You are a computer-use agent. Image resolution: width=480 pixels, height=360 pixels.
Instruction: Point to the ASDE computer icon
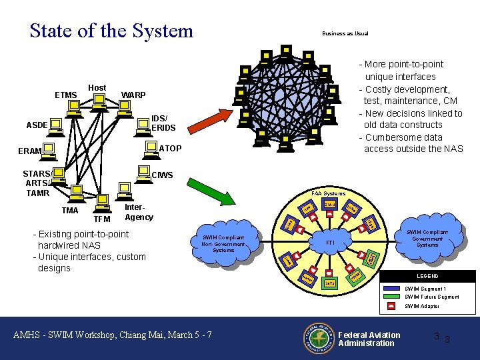(x=57, y=123)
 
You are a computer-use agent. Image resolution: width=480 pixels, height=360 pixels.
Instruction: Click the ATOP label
(x=171, y=148)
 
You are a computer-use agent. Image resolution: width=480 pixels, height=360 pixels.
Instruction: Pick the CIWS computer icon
(x=142, y=171)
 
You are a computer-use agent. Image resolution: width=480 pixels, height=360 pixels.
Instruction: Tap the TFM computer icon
(x=102, y=200)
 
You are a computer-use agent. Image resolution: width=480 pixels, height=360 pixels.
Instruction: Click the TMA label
(x=69, y=211)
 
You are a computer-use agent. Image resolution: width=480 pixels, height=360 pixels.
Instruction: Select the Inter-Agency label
(x=139, y=212)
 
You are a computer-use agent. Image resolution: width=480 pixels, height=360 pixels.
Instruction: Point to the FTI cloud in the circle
(x=329, y=243)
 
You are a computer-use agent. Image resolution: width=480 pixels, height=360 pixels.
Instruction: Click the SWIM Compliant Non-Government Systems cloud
(x=223, y=243)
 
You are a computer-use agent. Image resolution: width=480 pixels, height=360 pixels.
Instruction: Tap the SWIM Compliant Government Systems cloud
(x=427, y=238)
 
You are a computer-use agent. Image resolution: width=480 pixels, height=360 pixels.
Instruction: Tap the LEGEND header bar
(x=427, y=276)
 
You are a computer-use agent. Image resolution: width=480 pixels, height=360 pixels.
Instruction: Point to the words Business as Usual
(x=345, y=33)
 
